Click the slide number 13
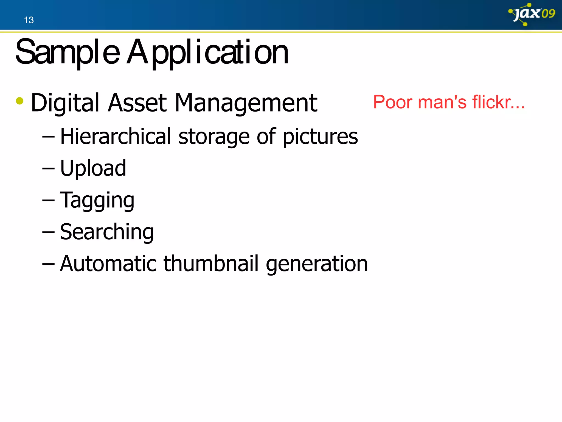click(29, 20)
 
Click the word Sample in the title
click(68, 52)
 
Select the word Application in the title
click(207, 52)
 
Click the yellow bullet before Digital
click(20, 101)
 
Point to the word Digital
click(65, 103)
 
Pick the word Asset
click(137, 103)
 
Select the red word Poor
click(393, 102)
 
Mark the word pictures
click(320, 137)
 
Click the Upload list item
click(93, 168)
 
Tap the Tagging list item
click(97, 201)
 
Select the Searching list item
click(107, 232)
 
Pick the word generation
click(317, 264)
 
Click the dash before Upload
click(48, 168)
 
